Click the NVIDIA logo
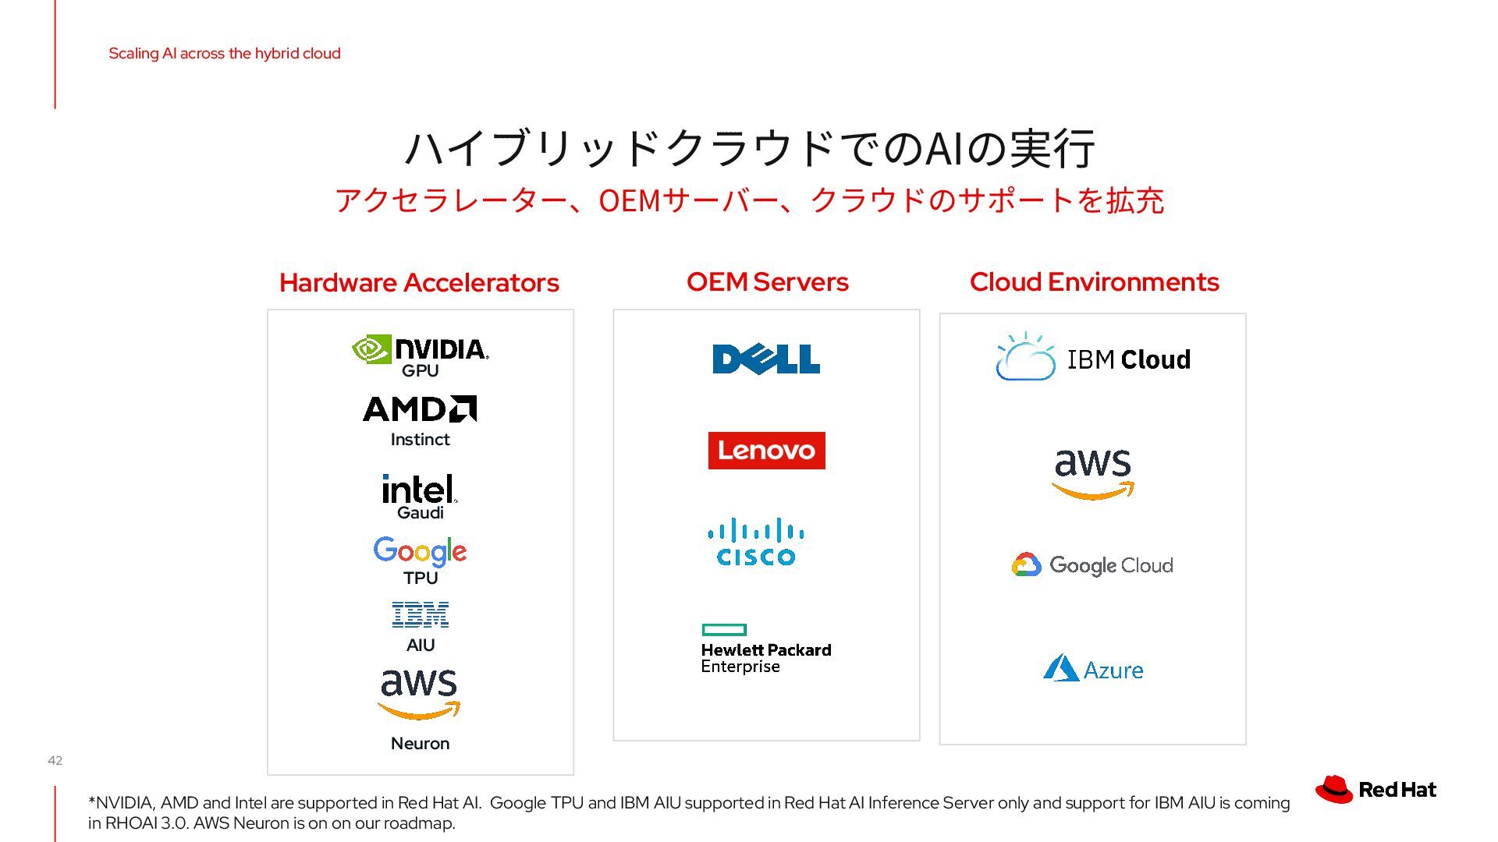[420, 349]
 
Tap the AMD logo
[420, 409]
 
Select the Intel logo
[419, 489]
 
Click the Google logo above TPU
[420, 551]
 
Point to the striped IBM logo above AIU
[420, 614]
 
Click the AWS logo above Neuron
[419, 693]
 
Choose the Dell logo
[766, 359]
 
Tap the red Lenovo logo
[766, 451]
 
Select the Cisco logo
[756, 542]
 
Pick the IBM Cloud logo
[1093, 358]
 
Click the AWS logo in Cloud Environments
[1092, 474]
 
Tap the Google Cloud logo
[1092, 565]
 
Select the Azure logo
[1092, 669]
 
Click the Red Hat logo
[1376, 790]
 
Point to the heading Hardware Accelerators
[419, 282]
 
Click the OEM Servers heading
[767, 281]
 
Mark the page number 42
[55, 760]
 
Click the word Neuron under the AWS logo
[420, 743]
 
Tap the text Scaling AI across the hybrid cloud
[225, 53]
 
